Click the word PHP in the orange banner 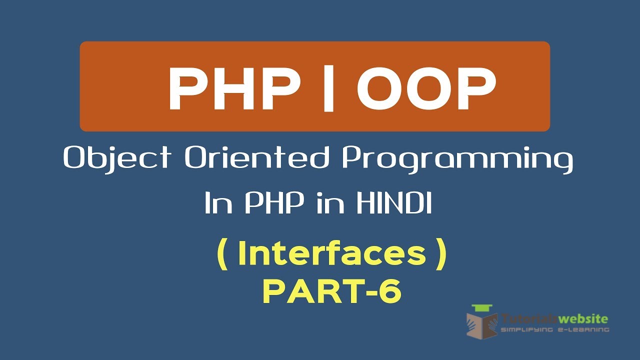(x=234, y=89)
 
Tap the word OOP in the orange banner (x=426, y=89)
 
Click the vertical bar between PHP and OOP (x=328, y=88)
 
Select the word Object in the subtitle (x=117, y=158)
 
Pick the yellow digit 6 (x=389, y=291)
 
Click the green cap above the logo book (x=482, y=308)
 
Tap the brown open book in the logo (x=482, y=325)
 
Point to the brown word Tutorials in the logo (x=530, y=318)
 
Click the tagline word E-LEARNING (x=583, y=329)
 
